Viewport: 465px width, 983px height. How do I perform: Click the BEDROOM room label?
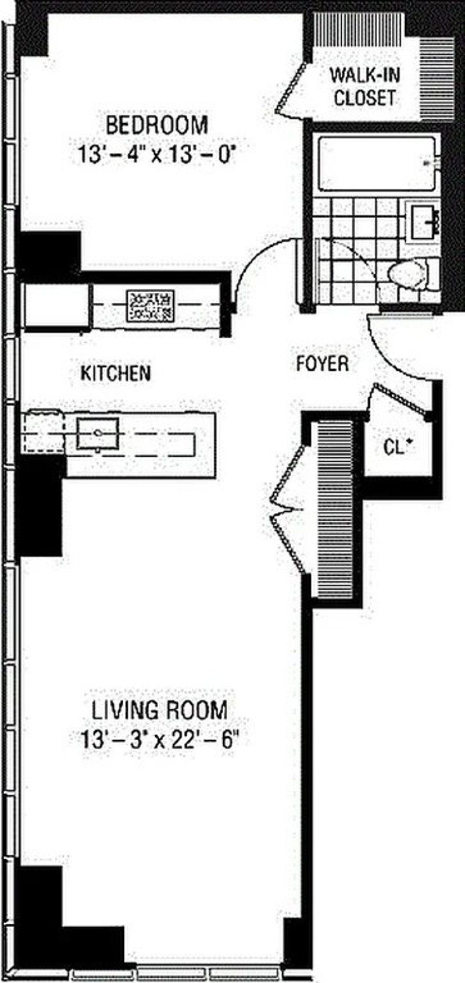point(156,124)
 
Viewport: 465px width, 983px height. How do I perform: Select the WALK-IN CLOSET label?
point(364,86)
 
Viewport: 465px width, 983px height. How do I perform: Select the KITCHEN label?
point(116,373)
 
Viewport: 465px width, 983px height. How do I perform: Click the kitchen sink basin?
point(98,432)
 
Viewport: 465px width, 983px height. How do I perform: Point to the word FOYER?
point(323,364)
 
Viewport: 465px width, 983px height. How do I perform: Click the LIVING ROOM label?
point(159,709)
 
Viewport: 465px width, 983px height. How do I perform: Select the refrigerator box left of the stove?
point(56,306)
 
